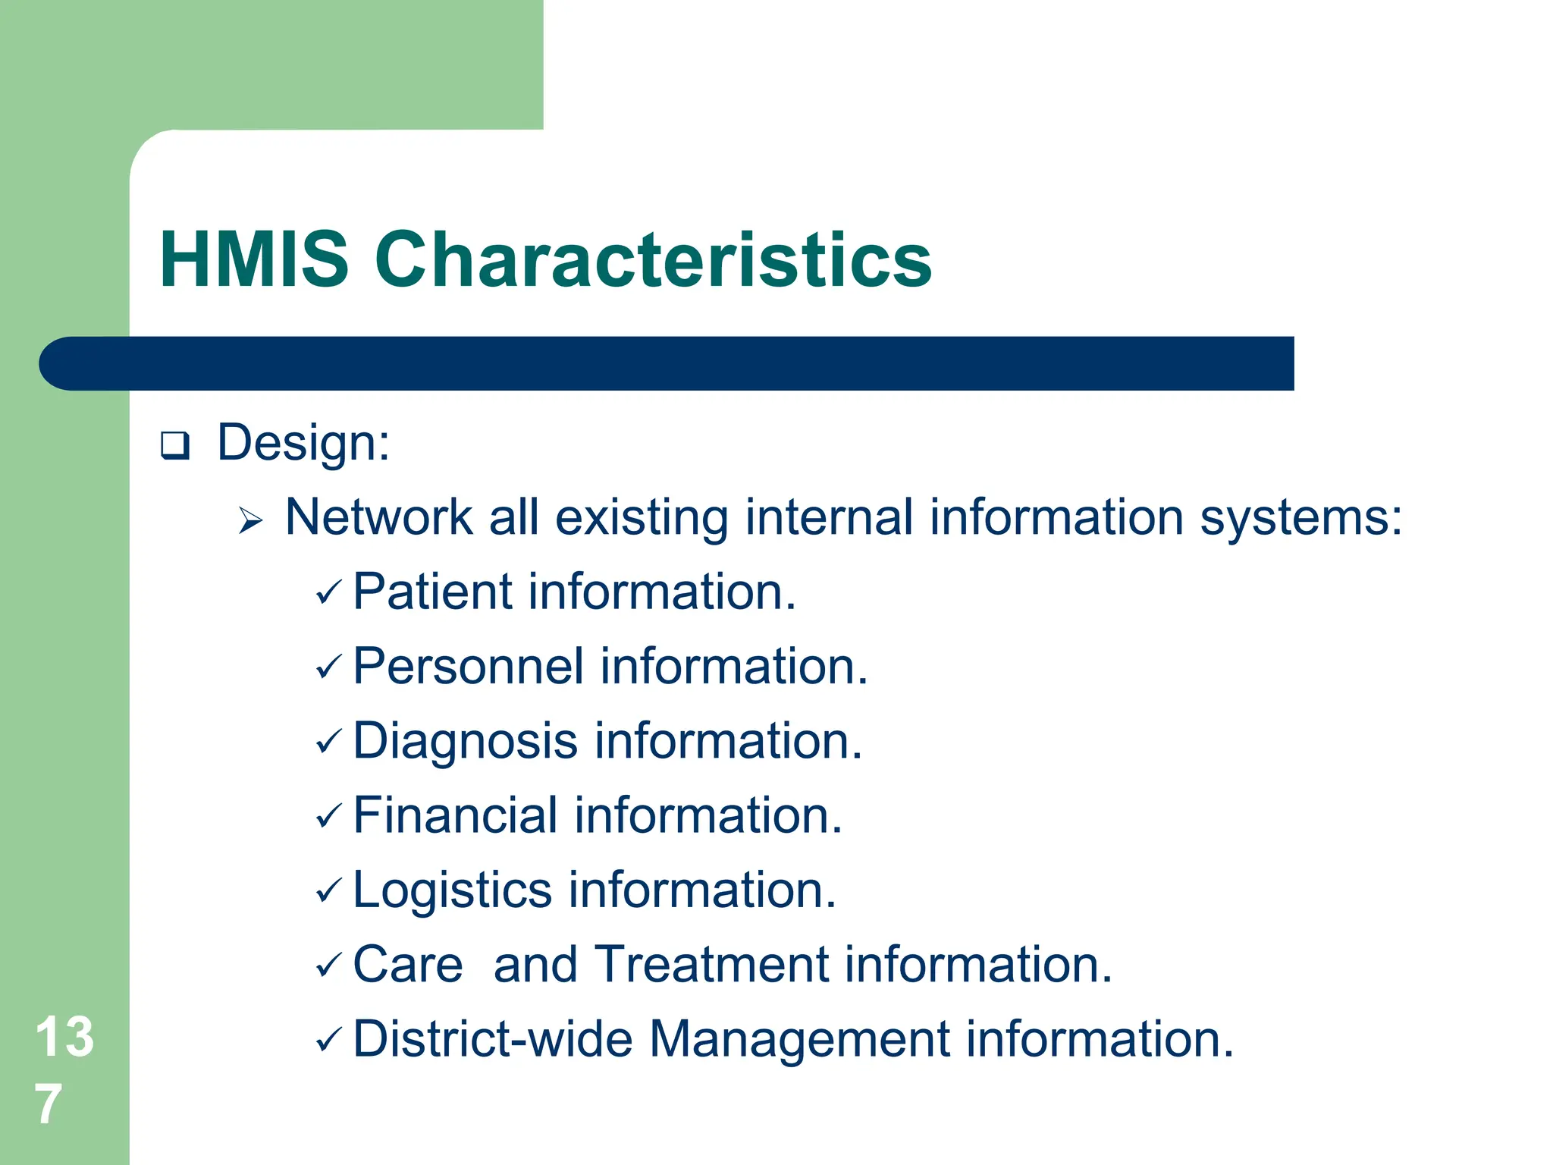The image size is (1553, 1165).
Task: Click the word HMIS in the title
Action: tap(254, 260)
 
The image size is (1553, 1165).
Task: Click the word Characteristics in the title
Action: tap(653, 260)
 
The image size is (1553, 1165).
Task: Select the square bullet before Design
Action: tap(174, 445)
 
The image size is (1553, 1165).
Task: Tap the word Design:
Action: tap(303, 442)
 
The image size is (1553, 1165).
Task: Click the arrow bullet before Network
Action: tap(250, 521)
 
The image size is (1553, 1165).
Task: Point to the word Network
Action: tap(378, 517)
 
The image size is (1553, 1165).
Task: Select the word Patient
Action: tap(432, 592)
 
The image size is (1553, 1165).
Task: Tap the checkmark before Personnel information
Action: tap(329, 667)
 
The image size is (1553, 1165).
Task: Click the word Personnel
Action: tap(468, 666)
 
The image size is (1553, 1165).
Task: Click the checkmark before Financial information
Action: tap(329, 817)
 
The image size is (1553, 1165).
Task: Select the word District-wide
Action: tap(492, 1038)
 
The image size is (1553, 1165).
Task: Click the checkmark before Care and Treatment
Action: tap(329, 966)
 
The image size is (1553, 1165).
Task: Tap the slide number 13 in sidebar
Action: tap(64, 1037)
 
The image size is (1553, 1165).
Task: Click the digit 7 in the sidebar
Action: tap(48, 1104)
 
